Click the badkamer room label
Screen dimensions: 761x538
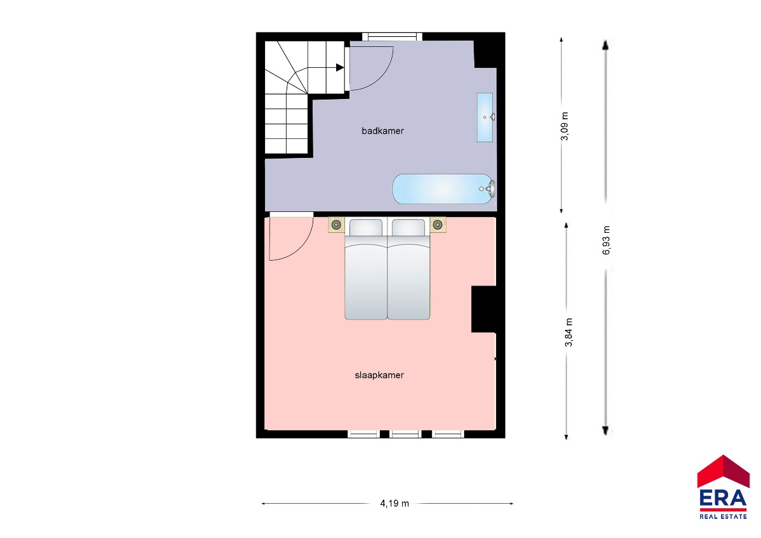(382, 131)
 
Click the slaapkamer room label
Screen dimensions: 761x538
(379, 375)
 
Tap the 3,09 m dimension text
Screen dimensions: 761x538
(564, 126)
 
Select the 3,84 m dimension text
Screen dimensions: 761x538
(569, 332)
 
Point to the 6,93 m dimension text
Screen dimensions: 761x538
(606, 240)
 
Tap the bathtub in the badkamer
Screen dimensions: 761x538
(444, 189)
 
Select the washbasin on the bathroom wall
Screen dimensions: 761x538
(485, 117)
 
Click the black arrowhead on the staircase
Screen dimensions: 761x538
(340, 68)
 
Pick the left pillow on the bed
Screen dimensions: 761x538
(365, 227)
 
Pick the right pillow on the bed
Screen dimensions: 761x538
(408, 227)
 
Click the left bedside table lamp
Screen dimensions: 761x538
(336, 225)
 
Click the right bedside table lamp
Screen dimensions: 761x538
(438, 225)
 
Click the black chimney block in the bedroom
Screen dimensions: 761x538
(483, 309)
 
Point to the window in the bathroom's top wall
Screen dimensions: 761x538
(392, 36)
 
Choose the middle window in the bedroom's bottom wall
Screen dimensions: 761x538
(405, 434)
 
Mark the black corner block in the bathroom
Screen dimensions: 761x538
(485, 54)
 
